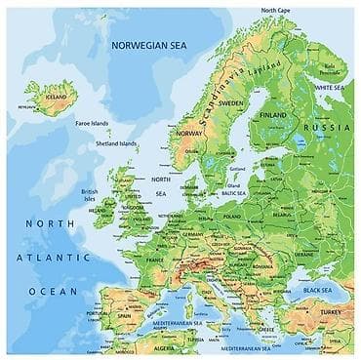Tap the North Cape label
click(274, 11)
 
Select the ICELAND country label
click(56, 98)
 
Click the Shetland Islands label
click(115, 143)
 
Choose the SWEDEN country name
click(231, 102)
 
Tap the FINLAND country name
click(273, 114)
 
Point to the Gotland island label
click(237, 168)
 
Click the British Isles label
click(89, 195)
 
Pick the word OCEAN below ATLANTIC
click(53, 291)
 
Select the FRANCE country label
click(155, 260)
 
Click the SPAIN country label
click(124, 316)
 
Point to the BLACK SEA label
click(317, 291)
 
